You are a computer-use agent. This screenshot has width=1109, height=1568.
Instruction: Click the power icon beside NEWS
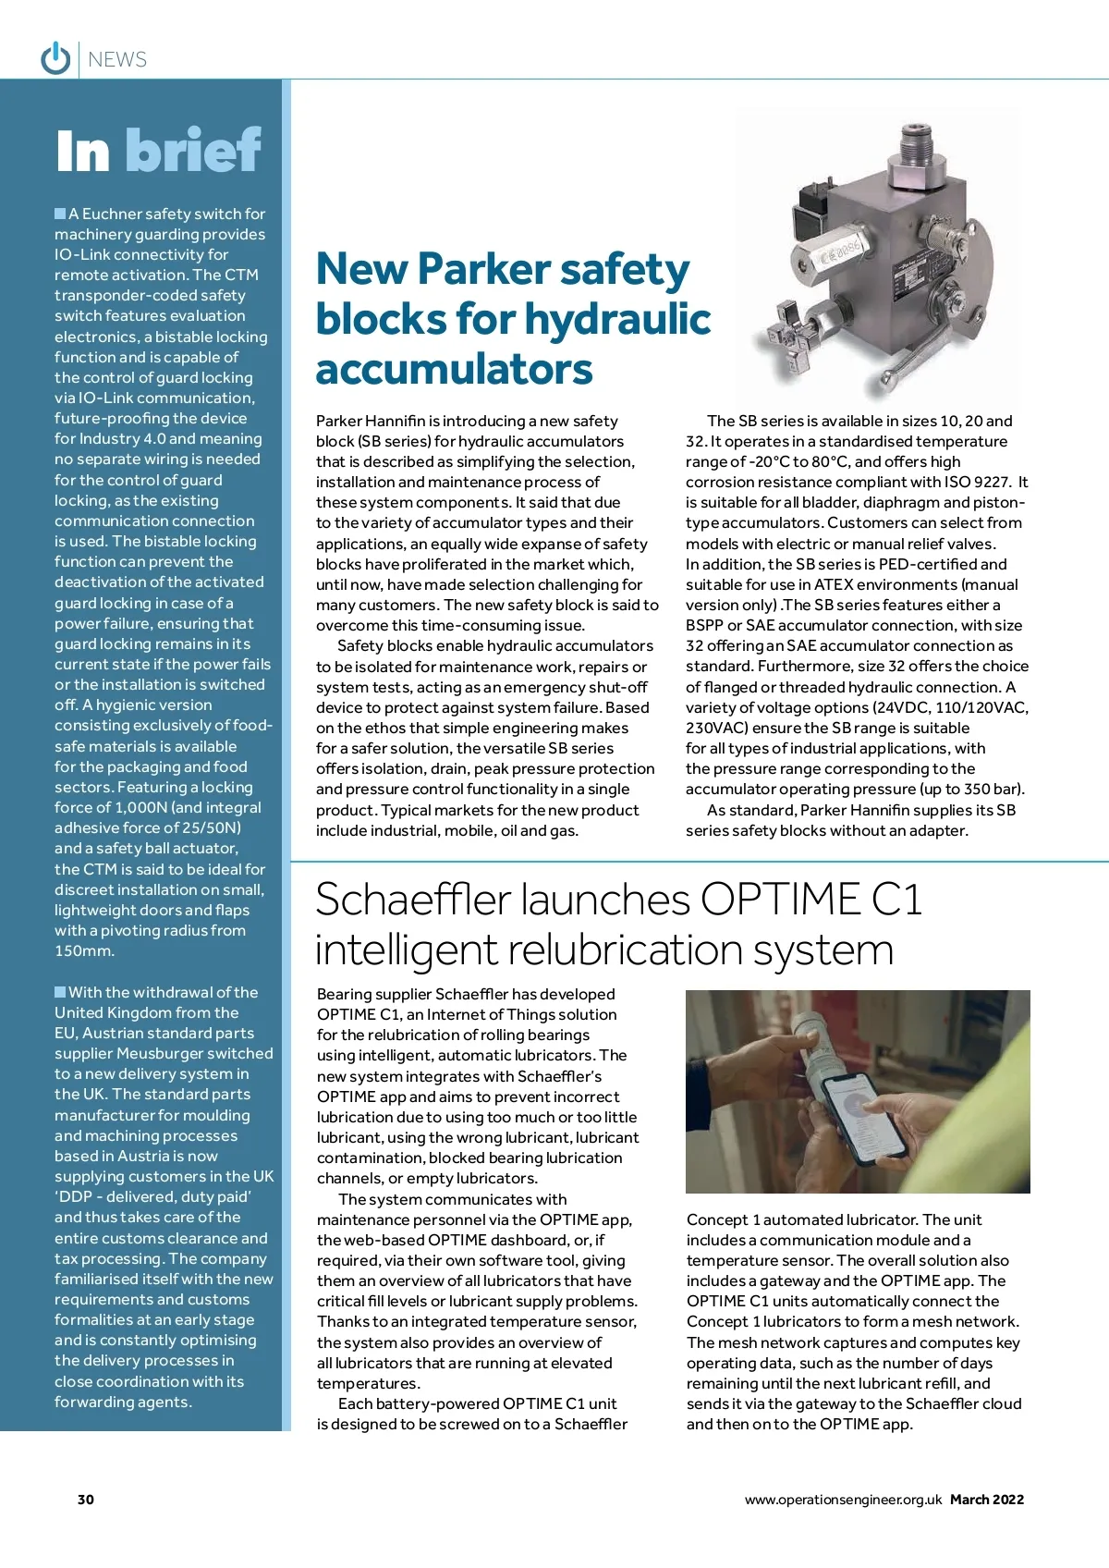(55, 58)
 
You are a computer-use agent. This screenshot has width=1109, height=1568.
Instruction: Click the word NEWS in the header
(117, 60)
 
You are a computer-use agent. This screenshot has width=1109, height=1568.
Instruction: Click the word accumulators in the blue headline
(454, 369)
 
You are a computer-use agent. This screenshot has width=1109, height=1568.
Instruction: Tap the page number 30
(86, 1500)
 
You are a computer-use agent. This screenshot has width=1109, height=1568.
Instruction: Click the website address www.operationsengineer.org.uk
(843, 1500)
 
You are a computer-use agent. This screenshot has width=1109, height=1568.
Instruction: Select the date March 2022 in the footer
(987, 1500)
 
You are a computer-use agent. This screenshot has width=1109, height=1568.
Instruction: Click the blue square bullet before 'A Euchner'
(60, 214)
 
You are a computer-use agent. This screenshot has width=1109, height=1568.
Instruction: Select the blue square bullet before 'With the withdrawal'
(60, 992)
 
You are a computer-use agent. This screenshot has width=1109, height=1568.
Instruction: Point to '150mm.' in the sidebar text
(84, 950)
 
